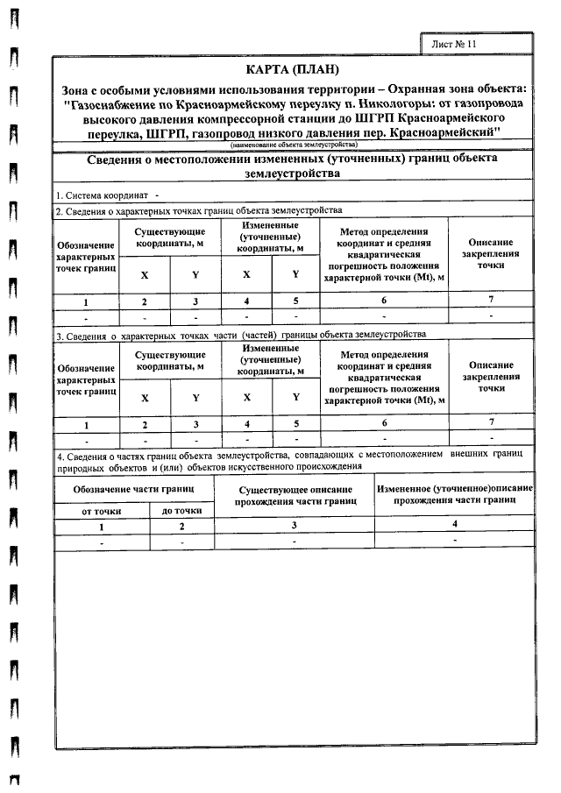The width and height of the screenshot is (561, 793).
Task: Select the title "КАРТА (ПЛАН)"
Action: [292, 69]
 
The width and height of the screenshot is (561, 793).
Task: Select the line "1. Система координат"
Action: [105, 195]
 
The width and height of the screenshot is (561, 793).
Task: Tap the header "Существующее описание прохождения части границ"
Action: [295, 495]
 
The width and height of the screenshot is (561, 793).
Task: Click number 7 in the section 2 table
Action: [490, 301]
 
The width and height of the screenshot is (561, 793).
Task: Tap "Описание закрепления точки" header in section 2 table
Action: [490, 251]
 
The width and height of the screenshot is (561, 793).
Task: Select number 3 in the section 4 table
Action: [295, 525]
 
